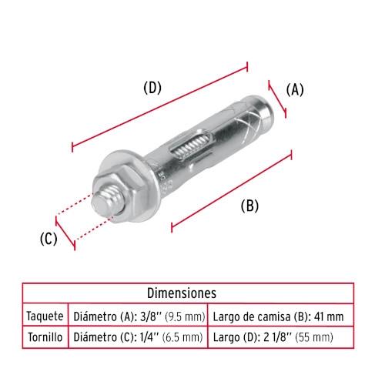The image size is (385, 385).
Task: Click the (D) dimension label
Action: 152,88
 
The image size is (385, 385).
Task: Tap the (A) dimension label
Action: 295,90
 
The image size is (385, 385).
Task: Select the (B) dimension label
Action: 249,206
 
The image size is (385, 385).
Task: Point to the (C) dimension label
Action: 49,239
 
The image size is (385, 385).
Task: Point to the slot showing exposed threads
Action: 190,147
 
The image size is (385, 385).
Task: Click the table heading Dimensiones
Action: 182,293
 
